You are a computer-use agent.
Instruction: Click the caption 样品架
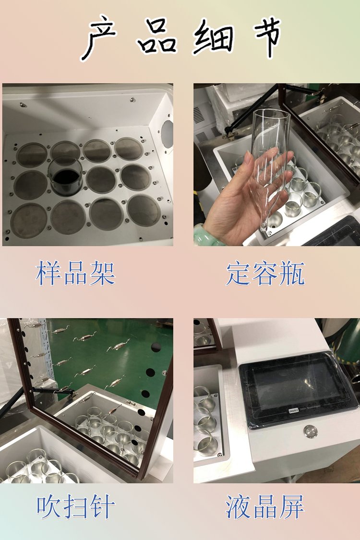click(x=75, y=273)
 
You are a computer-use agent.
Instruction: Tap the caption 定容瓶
click(x=265, y=274)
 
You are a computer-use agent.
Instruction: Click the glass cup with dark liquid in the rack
click(x=65, y=176)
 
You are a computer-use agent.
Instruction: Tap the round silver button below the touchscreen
click(x=311, y=431)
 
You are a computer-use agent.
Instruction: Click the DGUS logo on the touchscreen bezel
click(x=293, y=411)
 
